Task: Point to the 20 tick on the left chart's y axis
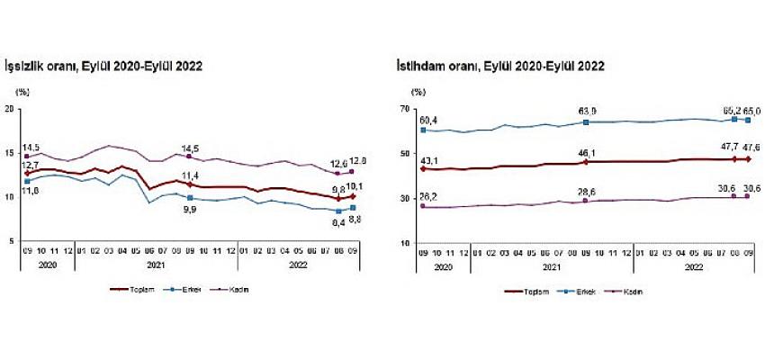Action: pos(10,109)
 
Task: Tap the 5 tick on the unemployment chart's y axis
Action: pos(12,241)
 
